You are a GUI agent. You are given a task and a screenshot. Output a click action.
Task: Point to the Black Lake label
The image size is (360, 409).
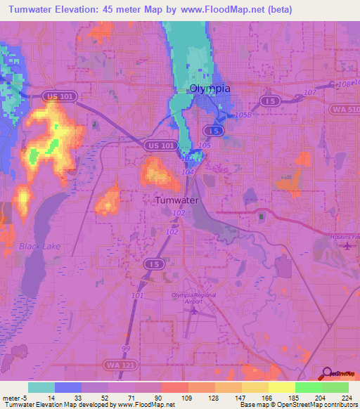pyautogui.click(x=40, y=246)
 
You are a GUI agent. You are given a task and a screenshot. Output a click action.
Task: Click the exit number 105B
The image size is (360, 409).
pyautogui.click(x=241, y=115)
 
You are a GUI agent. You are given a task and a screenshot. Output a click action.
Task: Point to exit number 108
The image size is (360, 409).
pyautogui.click(x=343, y=84)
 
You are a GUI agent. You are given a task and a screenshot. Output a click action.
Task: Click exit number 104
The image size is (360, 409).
pyautogui.click(x=187, y=171)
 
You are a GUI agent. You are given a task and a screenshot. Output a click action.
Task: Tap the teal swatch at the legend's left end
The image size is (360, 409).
pyautogui.click(x=41, y=387)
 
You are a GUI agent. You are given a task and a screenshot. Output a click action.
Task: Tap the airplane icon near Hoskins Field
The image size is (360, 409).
pyautogui.click(x=347, y=247)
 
